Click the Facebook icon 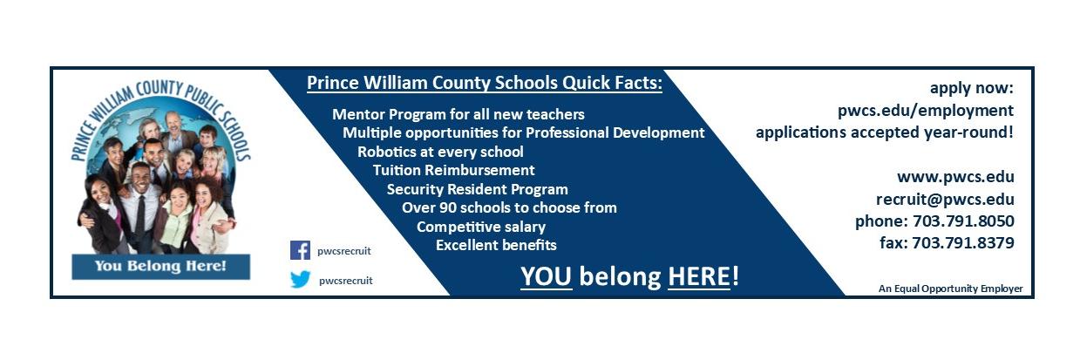(x=300, y=250)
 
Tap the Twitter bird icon (x=300, y=280)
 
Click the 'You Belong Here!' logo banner (x=160, y=266)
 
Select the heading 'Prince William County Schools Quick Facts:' (x=485, y=84)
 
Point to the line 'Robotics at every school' (x=440, y=151)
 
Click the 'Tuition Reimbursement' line (x=453, y=170)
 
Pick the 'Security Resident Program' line (x=477, y=189)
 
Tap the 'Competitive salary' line (x=480, y=227)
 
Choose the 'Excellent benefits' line (x=496, y=245)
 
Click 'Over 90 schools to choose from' (x=509, y=207)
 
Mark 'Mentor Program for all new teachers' (x=458, y=114)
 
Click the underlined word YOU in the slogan (x=546, y=276)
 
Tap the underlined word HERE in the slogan (x=699, y=276)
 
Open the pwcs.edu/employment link (x=925, y=111)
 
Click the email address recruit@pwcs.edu (x=945, y=199)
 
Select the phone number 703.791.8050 (x=962, y=221)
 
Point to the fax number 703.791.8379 (x=962, y=243)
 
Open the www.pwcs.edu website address (x=955, y=177)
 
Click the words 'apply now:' (x=971, y=88)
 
